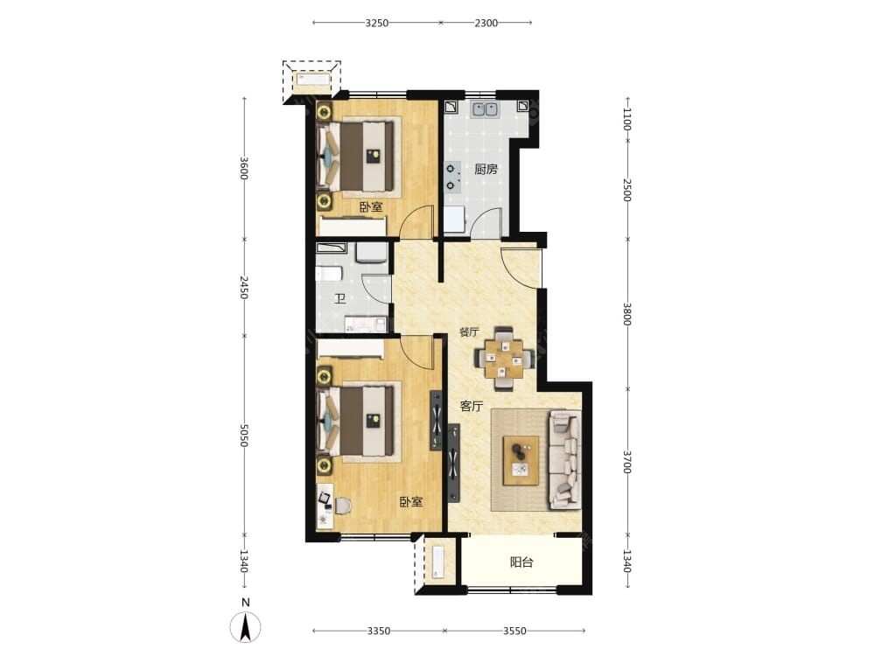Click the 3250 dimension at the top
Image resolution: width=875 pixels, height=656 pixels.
coord(376,23)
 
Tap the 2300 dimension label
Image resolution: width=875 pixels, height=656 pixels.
coord(486,23)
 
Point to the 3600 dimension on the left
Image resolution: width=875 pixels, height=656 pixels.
coord(244,169)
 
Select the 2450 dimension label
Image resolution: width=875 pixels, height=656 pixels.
coord(244,287)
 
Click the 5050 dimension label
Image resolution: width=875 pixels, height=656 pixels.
coord(244,435)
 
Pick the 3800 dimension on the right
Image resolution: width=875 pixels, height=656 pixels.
coord(627,314)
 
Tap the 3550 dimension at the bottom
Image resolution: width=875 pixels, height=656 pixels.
coord(514,631)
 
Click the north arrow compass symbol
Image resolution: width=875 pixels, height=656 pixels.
coord(245,626)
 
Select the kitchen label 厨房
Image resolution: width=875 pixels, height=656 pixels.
coord(486,169)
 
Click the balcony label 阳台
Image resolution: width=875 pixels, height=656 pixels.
coord(521,562)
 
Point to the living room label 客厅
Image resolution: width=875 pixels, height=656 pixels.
coord(472,406)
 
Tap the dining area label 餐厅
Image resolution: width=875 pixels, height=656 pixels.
coord(469,331)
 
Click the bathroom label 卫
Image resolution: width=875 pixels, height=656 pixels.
coord(339,299)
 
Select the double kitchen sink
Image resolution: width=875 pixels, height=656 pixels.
coord(485,109)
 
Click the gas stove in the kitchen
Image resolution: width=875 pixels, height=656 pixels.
coord(452,177)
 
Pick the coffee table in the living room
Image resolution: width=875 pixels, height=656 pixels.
coord(521,460)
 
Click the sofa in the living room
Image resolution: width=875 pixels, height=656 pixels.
coord(566,460)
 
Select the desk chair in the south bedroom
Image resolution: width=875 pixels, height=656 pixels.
coord(341,506)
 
